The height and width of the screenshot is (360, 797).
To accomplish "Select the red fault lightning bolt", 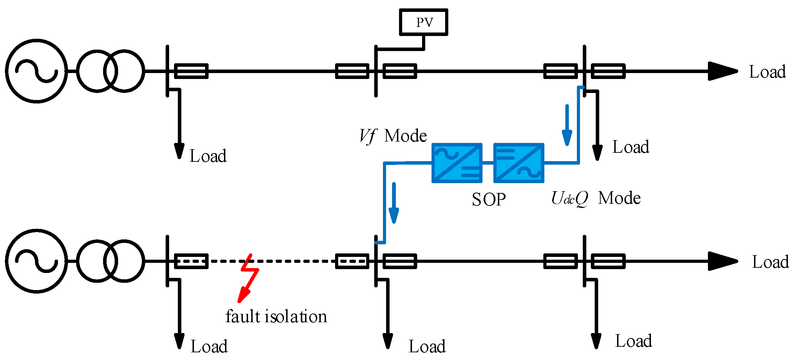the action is pyautogui.click(x=249, y=278).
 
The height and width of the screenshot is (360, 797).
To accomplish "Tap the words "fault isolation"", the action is pyautogui.click(x=276, y=316).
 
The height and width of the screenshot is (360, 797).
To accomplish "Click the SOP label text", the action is pyautogui.click(x=488, y=200).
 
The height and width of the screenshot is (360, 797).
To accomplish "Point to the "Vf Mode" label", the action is pyautogui.click(x=393, y=136).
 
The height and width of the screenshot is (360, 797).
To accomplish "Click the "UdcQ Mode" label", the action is pyautogui.click(x=596, y=198).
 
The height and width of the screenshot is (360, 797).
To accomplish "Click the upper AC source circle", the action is pyautogui.click(x=36, y=40).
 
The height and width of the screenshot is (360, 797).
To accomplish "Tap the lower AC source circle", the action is pyautogui.click(x=36, y=230).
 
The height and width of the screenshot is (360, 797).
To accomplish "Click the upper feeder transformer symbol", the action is pyautogui.click(x=110, y=51).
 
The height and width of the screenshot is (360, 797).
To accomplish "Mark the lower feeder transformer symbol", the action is pyautogui.click(x=110, y=241).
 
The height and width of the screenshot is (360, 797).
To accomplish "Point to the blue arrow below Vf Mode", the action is pyautogui.click(x=394, y=203).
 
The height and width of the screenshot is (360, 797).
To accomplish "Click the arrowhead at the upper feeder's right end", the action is pyautogui.click(x=723, y=71).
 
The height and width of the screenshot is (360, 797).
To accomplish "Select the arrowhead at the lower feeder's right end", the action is pyautogui.click(x=723, y=261).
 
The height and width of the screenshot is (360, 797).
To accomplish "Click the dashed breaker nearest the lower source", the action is pyautogui.click(x=191, y=254).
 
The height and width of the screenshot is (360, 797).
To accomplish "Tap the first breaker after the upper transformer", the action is pyautogui.click(x=191, y=65).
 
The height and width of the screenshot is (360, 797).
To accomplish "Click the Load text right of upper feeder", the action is pyautogui.click(x=767, y=72).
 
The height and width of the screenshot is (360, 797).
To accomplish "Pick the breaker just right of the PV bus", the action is pyautogui.click(x=400, y=65).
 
